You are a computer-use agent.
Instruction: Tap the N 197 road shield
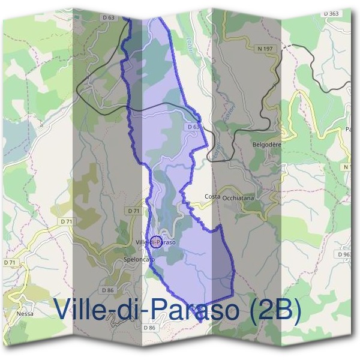265,48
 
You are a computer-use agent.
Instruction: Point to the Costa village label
212,197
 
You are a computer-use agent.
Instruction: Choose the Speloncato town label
139,259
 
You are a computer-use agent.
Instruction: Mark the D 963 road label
344,254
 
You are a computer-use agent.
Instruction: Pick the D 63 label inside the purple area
193,127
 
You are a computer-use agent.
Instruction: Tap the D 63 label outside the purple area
108,18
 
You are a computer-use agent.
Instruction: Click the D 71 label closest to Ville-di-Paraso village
134,211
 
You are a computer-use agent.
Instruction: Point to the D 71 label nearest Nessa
10,263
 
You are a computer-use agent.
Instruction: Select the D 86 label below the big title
149,328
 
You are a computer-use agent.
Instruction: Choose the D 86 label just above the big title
108,290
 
